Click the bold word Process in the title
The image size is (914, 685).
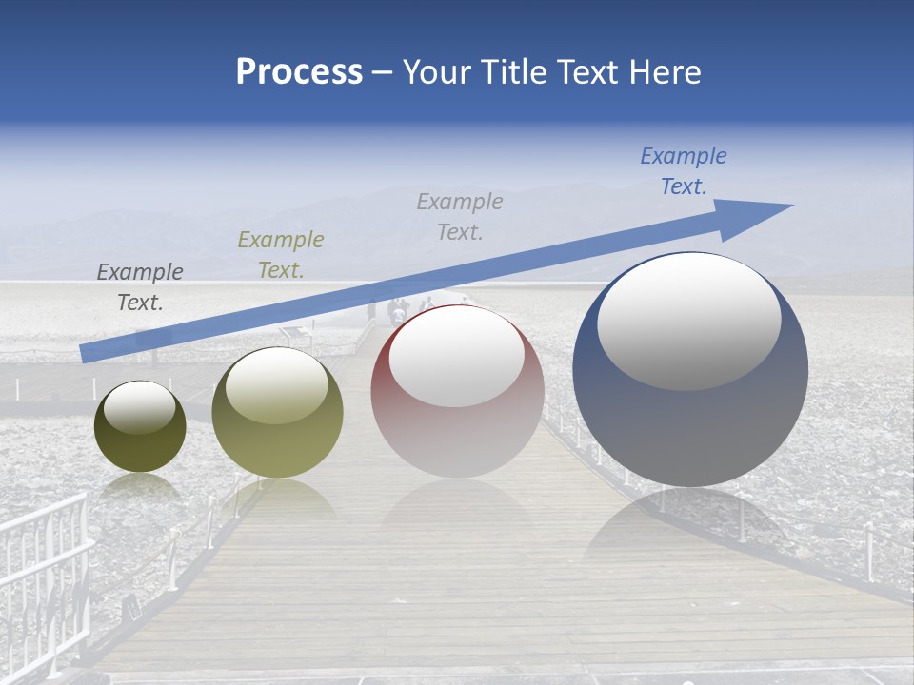tap(299, 72)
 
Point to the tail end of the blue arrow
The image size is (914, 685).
tap(86, 353)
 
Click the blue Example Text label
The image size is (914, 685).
tap(684, 171)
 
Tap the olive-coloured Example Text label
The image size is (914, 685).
tap(281, 255)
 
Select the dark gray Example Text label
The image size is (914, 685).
tap(140, 287)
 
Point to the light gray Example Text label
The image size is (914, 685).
tap(460, 217)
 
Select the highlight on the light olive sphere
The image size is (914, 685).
tap(277, 384)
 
